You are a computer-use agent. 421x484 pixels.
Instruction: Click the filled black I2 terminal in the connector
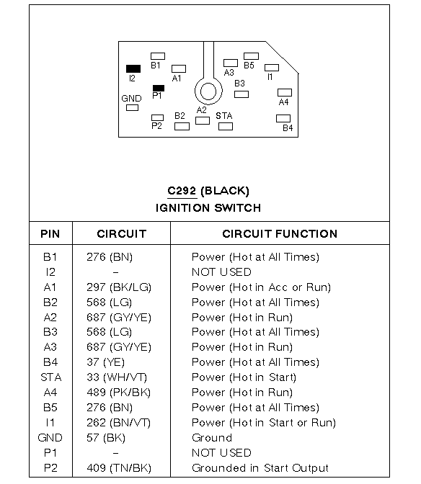[133, 68]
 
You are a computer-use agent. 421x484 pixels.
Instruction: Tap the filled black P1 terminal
[159, 89]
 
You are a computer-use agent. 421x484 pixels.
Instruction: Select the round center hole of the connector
[208, 91]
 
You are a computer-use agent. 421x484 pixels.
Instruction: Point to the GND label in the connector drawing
[131, 99]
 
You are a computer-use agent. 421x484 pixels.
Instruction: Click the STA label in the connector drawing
[224, 116]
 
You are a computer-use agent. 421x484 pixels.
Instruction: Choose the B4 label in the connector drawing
[288, 127]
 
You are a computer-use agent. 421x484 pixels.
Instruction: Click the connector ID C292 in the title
[182, 191]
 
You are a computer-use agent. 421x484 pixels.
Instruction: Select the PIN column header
[50, 234]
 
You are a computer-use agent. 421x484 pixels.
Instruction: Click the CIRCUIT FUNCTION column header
[280, 234]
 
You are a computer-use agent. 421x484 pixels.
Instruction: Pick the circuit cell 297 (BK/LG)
[119, 287]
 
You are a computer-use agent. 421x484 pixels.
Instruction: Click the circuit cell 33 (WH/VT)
[117, 377]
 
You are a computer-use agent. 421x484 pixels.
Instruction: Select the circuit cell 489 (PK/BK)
[119, 393]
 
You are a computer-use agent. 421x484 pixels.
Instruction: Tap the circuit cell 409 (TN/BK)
[119, 468]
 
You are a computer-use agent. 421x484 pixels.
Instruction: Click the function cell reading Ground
[212, 438]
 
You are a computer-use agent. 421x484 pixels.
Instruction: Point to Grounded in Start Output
[260, 468]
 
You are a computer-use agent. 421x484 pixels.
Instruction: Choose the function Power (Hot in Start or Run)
[264, 423]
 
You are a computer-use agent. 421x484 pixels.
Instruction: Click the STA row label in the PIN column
[51, 377]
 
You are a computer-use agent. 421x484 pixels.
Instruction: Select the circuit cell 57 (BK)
[106, 438]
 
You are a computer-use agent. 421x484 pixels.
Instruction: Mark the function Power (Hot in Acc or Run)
[261, 287]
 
